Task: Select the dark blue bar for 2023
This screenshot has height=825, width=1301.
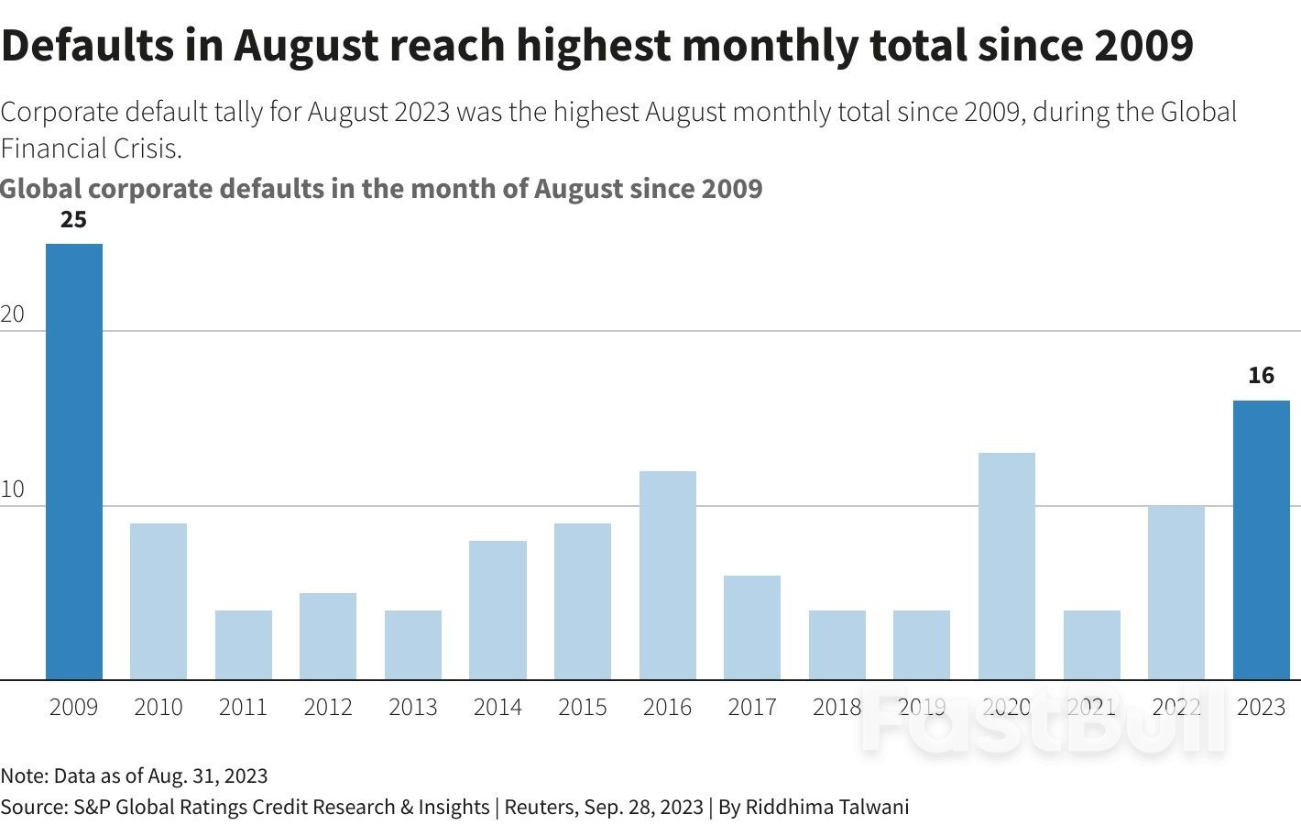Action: [x=1261, y=540]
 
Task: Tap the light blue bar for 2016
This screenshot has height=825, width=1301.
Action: [x=667, y=575]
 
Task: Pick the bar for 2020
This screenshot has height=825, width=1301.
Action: [x=1006, y=566]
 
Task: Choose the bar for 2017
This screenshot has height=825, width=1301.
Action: [x=751, y=627]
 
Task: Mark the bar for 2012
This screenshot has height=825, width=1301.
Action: [x=327, y=636]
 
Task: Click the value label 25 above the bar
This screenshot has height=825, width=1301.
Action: [x=73, y=220]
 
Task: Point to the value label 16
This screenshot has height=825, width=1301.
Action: [x=1261, y=376]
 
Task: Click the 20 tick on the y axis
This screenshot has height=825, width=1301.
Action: [x=12, y=314]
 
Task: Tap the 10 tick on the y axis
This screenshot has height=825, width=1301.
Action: [x=12, y=489]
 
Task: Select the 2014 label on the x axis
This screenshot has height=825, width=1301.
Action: [x=497, y=708]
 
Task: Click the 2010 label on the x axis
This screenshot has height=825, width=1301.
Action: [x=158, y=708]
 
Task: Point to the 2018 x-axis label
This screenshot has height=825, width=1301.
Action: [x=836, y=708]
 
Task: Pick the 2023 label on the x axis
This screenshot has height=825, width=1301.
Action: [x=1261, y=708]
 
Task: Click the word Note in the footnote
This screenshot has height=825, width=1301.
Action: [x=22, y=775]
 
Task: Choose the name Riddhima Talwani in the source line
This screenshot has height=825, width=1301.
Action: [x=826, y=807]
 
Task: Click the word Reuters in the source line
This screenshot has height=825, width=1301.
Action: [x=539, y=807]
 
